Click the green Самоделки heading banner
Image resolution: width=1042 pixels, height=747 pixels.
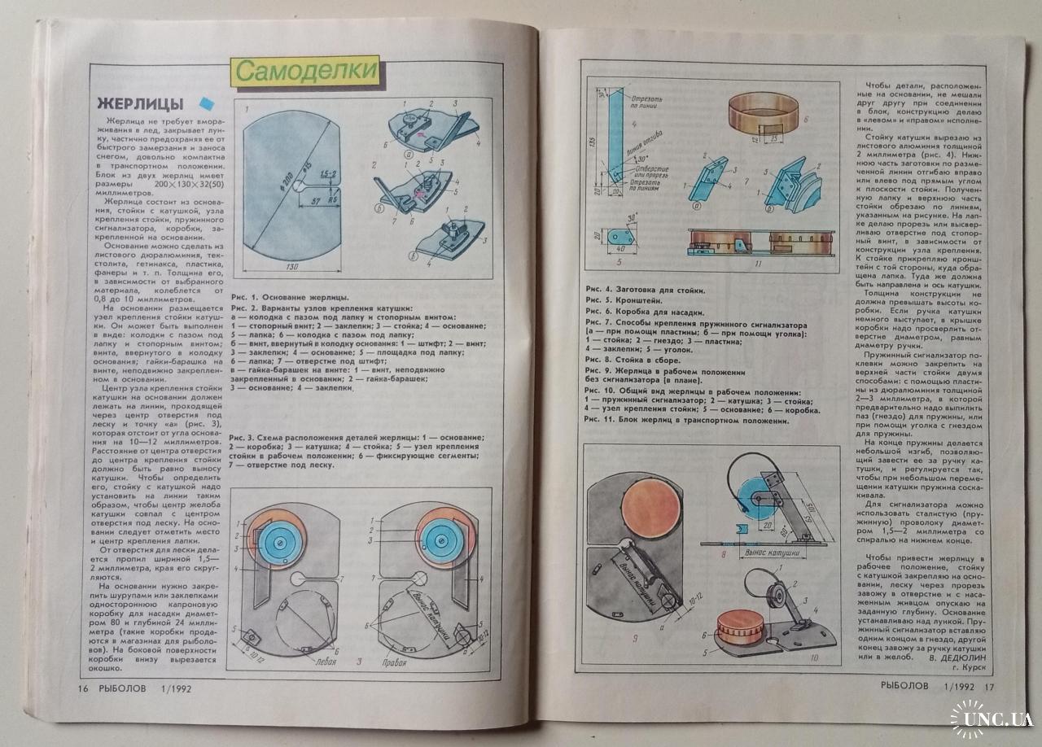(x=307, y=71)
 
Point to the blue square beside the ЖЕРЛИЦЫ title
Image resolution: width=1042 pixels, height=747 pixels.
(x=206, y=103)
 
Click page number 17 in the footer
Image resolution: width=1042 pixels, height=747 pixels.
(x=990, y=686)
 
